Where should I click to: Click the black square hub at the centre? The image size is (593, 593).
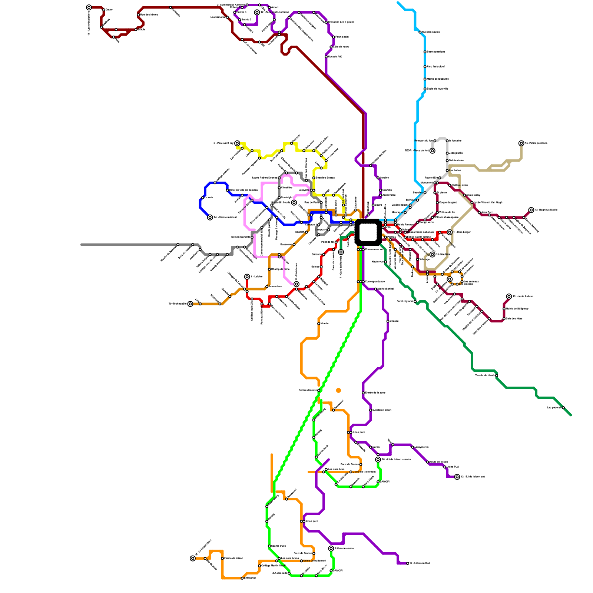[x=368, y=232]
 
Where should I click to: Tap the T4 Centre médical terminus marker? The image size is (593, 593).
[x=210, y=218]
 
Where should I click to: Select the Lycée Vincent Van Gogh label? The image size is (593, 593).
[x=488, y=202]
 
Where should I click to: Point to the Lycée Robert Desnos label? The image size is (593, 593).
[x=265, y=178]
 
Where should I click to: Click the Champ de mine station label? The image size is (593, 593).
[x=280, y=269]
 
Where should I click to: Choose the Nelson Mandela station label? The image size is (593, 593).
[x=241, y=237]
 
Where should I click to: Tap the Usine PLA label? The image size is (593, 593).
[x=453, y=467]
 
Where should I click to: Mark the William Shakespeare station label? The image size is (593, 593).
[x=446, y=217]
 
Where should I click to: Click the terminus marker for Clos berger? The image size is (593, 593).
[x=450, y=232]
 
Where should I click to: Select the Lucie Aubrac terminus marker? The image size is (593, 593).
[x=509, y=296]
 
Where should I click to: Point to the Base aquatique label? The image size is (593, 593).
[x=436, y=52]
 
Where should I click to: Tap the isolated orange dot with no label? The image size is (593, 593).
[x=338, y=390]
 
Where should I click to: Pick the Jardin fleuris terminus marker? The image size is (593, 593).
[x=294, y=203]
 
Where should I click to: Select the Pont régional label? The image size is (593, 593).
[x=405, y=301]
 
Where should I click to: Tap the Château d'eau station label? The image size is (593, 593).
[x=460, y=185]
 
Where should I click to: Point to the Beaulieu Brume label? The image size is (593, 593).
[x=325, y=178]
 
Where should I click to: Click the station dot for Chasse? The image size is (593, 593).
[x=388, y=321]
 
